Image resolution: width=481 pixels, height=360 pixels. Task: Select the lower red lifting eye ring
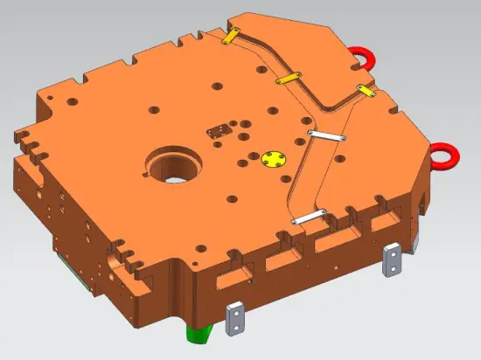[x=445, y=156]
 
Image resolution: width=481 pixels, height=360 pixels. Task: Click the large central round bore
[x=173, y=165]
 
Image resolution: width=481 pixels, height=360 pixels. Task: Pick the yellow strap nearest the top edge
[x=230, y=38]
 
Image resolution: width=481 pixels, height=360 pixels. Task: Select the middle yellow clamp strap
[x=289, y=80]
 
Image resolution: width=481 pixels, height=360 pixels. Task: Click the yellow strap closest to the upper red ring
[x=366, y=90]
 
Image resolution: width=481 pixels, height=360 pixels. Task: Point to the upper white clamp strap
[x=329, y=135]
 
